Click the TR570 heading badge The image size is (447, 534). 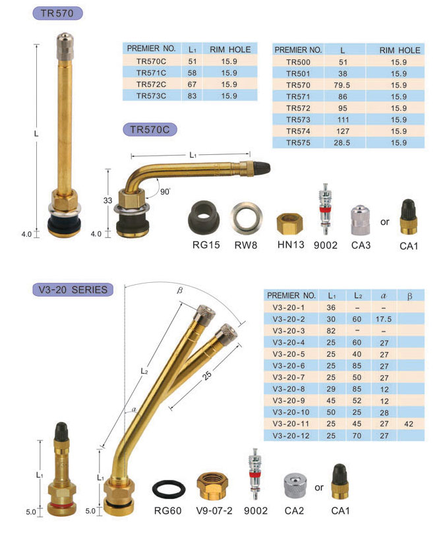(57, 13)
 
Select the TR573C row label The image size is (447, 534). (151, 96)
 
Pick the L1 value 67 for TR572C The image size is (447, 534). (192, 84)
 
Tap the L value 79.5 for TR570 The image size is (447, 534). (342, 85)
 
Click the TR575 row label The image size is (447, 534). (299, 142)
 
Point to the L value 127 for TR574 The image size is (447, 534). (343, 131)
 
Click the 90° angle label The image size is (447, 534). (165, 192)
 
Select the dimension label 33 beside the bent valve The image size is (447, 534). (107, 200)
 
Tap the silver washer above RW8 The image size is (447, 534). (247, 218)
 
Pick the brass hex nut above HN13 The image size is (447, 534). (289, 223)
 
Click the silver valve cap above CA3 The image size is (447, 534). (361, 220)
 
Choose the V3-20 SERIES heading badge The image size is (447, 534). (73, 290)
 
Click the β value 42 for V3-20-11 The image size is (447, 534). (409, 424)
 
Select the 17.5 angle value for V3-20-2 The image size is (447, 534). (384, 320)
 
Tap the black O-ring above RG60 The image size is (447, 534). (169, 489)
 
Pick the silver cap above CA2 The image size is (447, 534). (295, 486)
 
